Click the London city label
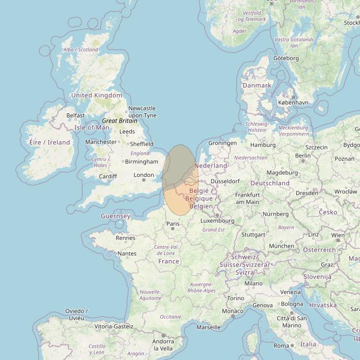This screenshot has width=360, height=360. click(x=144, y=175)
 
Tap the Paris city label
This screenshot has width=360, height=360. click(x=173, y=224)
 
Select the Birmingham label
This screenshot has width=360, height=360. click(x=141, y=161)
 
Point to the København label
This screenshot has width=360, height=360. click(x=293, y=102)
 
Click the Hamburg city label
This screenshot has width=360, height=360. click(x=263, y=145)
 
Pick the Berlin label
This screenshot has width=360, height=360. click(x=303, y=155)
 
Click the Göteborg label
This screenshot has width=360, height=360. click(x=286, y=58)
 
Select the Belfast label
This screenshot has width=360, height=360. click(x=76, y=115)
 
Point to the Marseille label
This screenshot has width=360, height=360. click(x=208, y=327)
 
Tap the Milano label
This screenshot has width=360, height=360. click(x=253, y=283)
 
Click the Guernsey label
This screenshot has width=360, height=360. click(x=115, y=216)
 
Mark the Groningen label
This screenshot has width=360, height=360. click(x=222, y=143)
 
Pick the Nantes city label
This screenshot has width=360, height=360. click(x=127, y=253)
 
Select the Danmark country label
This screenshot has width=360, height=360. click(x=257, y=85)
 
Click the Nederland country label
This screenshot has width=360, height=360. click(x=211, y=166)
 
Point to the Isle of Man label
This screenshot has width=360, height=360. click(x=92, y=127)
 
